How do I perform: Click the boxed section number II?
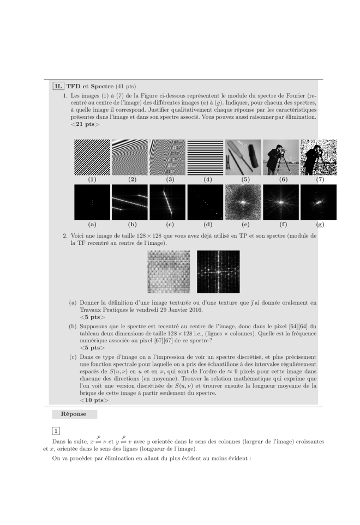[58, 86]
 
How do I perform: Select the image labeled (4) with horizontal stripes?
[205, 157]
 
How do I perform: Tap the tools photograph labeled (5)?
[243, 157]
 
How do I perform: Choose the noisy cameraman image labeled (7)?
[319, 157]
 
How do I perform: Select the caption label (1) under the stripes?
[92, 179]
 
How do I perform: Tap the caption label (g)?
[319, 224]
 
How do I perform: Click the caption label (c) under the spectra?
[167, 224]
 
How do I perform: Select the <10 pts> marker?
[94, 401]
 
